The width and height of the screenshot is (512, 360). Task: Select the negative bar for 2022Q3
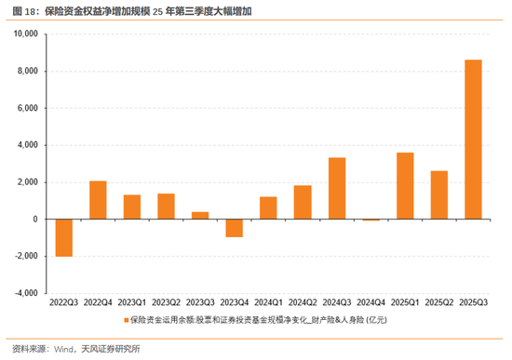coord(64,237)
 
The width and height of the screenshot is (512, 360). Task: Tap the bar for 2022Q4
coord(98,200)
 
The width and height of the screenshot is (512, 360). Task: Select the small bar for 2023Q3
coord(200,215)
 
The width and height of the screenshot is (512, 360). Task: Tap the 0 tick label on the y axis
coord(34,220)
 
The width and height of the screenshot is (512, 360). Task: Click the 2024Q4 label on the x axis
coord(371,303)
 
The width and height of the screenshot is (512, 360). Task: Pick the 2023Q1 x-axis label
coord(132,303)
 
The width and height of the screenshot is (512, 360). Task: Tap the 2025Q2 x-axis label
coord(439,303)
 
